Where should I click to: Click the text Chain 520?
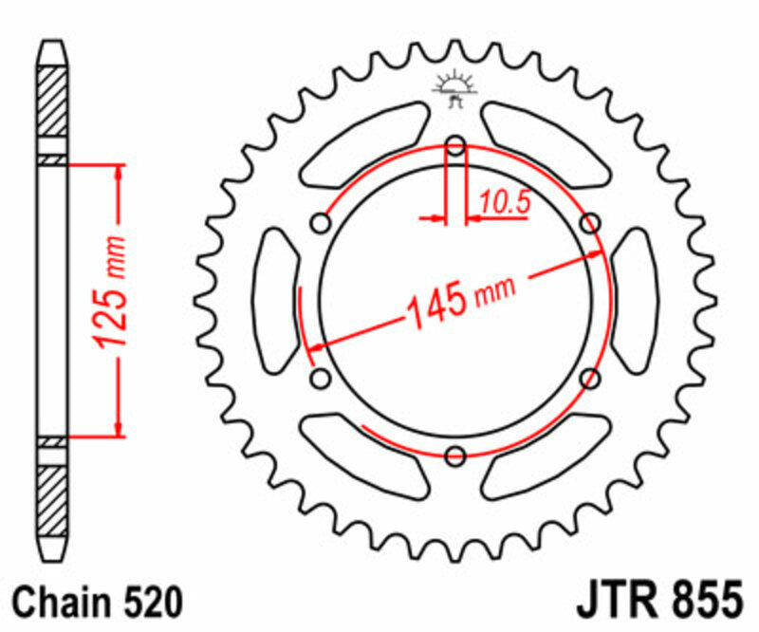click(x=96, y=602)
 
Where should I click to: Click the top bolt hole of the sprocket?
click(x=455, y=147)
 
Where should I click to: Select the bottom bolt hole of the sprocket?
click(x=455, y=455)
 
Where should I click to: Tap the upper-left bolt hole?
click(x=321, y=224)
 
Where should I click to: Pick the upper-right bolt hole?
click(x=590, y=224)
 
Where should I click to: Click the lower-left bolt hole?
click(x=321, y=379)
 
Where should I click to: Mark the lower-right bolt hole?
click(x=590, y=379)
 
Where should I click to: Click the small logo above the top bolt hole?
click(x=454, y=88)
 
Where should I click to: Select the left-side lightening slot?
click(x=276, y=302)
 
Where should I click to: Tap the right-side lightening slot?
click(x=635, y=302)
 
